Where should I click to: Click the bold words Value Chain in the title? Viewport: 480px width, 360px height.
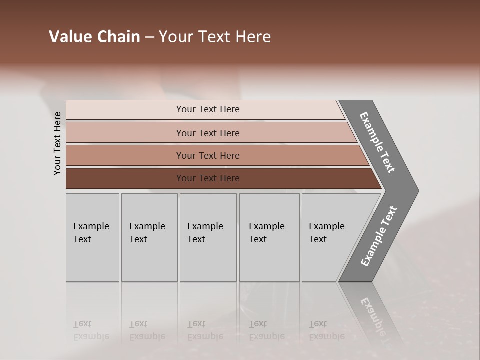click(x=94, y=37)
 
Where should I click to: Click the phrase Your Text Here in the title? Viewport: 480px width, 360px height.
click(x=215, y=37)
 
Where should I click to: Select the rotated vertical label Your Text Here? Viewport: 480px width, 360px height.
click(x=57, y=143)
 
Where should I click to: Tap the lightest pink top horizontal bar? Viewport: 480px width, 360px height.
click(x=208, y=109)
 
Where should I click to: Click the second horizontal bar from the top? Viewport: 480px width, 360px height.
click(x=208, y=133)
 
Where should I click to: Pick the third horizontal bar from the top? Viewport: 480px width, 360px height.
click(x=208, y=155)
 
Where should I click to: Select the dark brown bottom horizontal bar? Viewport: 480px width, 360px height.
click(x=208, y=178)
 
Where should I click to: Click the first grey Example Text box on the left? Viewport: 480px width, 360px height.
click(x=92, y=237)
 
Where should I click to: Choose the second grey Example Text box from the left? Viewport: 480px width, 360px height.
click(x=149, y=237)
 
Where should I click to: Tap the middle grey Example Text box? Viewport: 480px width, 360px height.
click(x=208, y=237)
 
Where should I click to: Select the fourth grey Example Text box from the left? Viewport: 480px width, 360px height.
click(x=269, y=237)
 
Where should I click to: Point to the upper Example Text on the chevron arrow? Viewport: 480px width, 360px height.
click(x=377, y=142)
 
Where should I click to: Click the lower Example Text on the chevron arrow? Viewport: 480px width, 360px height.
click(x=378, y=236)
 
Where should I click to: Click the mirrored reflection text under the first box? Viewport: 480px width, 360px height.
click(x=90, y=330)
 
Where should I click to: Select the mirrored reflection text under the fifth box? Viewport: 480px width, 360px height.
click(x=326, y=330)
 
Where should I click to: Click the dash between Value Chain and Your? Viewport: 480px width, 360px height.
click(x=149, y=37)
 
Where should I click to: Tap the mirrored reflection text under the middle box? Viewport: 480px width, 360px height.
click(x=205, y=330)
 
